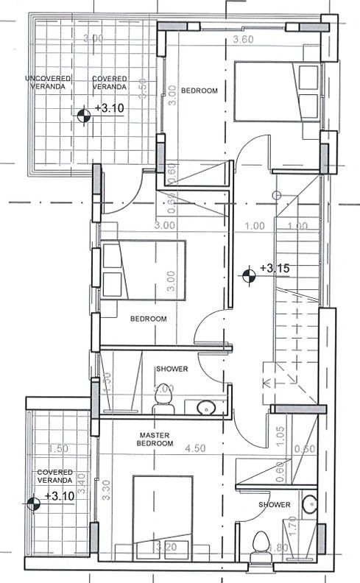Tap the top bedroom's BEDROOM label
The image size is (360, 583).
(200, 90)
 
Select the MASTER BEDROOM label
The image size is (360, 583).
(156, 439)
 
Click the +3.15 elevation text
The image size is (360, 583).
(274, 269)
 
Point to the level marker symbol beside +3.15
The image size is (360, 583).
(250, 275)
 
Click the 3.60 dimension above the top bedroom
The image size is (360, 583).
(243, 39)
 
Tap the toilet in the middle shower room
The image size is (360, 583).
(161, 401)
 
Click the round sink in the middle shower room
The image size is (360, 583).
(206, 406)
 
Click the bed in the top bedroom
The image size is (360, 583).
(277, 91)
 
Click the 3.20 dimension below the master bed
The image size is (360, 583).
(166, 547)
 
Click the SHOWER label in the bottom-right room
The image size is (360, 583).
(275, 504)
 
